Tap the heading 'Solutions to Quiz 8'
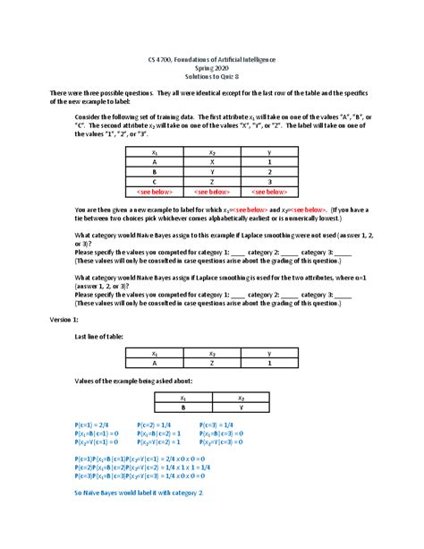click(212, 75)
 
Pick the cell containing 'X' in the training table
click(212, 162)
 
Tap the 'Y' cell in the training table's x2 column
click(212, 172)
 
